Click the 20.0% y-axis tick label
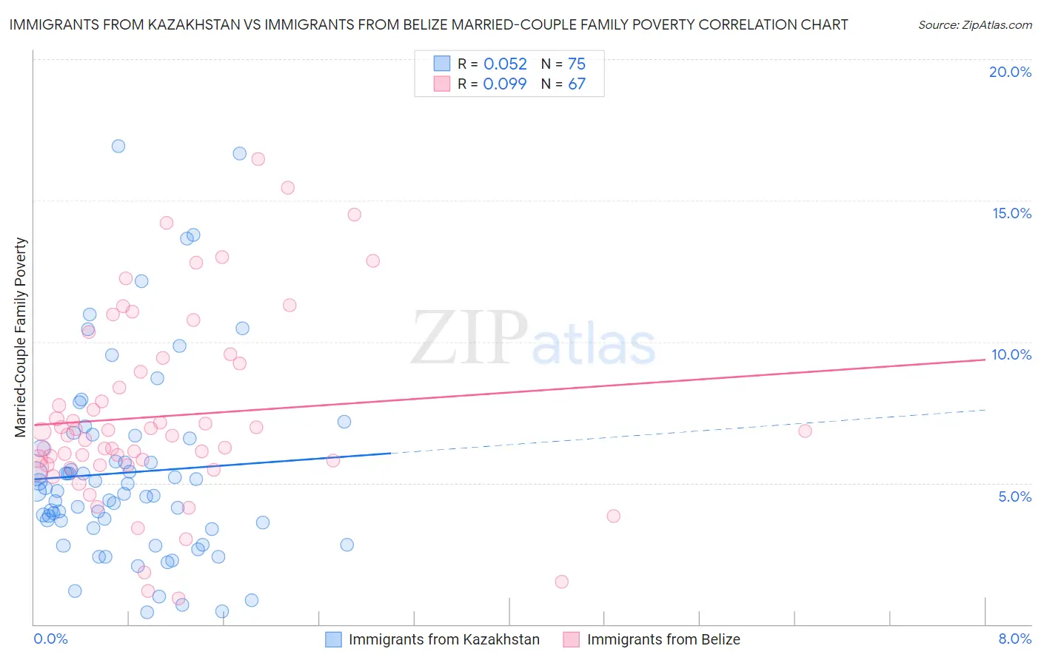click(1010, 72)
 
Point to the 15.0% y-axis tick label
click(1011, 213)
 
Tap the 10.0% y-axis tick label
click(1011, 354)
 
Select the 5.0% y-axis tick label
click(1014, 496)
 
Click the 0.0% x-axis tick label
click(50, 639)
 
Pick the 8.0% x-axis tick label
click(1014, 639)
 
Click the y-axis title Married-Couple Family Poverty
click(21, 337)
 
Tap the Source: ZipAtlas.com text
click(974, 24)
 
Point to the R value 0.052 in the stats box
click(505, 64)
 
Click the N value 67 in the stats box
click(577, 84)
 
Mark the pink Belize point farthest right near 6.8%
click(805, 431)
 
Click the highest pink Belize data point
click(258, 159)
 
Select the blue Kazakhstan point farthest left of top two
click(118, 146)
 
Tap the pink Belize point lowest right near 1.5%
click(561, 582)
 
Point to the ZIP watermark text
click(469, 339)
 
